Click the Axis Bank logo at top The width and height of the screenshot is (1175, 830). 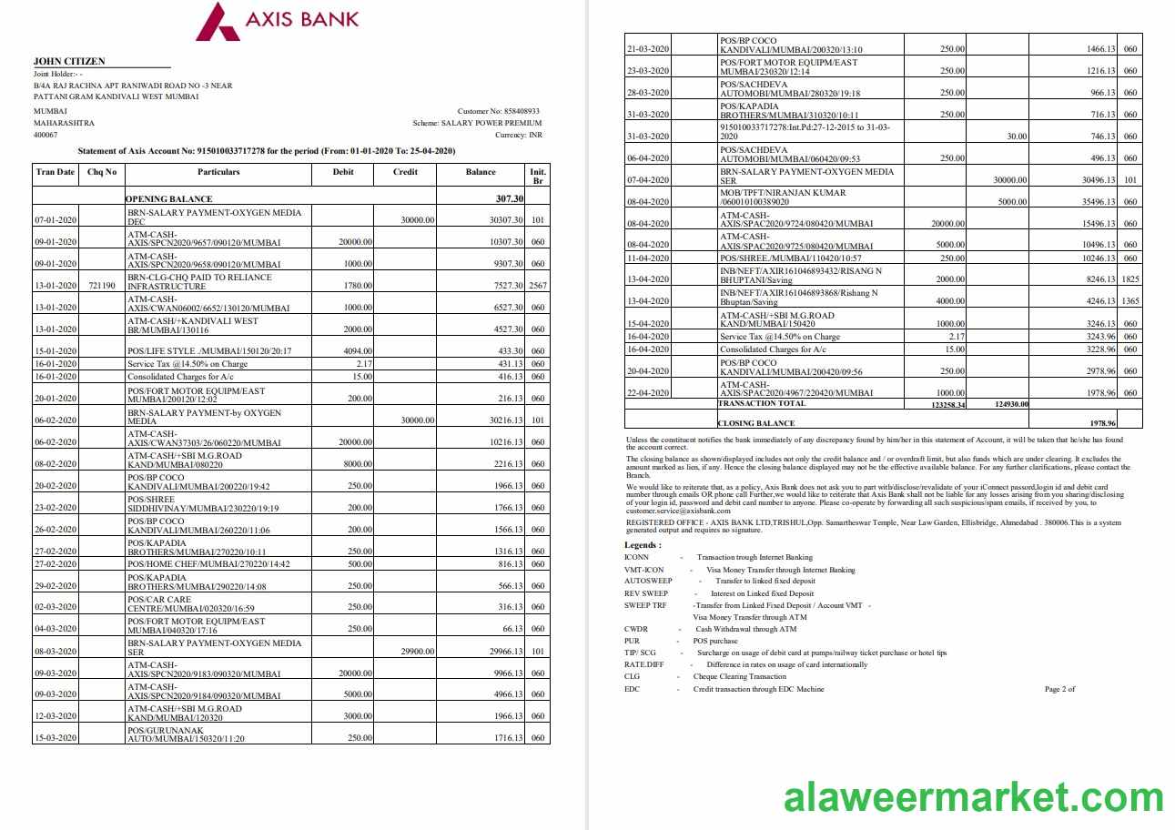click(277, 21)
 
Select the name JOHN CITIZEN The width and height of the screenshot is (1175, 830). click(69, 61)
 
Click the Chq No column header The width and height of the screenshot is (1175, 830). click(101, 172)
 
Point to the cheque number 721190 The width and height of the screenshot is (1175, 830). click(101, 286)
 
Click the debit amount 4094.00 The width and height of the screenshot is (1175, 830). click(355, 351)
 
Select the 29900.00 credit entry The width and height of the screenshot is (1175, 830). click(417, 652)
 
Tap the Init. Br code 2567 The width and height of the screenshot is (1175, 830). click(537, 286)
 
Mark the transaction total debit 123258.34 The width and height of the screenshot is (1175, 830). click(943, 403)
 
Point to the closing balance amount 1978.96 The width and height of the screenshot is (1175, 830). click(1101, 423)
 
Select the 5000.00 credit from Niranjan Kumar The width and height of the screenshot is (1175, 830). click(1011, 202)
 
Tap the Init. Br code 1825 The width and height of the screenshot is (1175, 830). click(1129, 280)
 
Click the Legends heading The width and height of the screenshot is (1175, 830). click(643, 545)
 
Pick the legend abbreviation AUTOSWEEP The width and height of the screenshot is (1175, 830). click(648, 581)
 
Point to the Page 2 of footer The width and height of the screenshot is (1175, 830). click(1059, 689)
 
